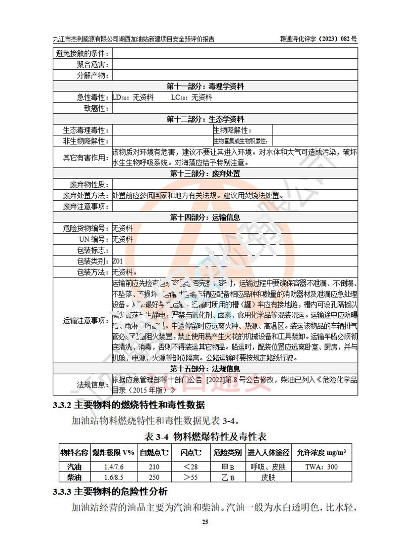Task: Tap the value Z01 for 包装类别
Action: [x=118, y=261]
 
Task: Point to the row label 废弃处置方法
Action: [x=86, y=195]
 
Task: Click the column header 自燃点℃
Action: [x=154, y=452]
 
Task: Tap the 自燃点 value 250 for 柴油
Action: [x=154, y=477]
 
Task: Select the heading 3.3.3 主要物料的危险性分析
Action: [x=111, y=492]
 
